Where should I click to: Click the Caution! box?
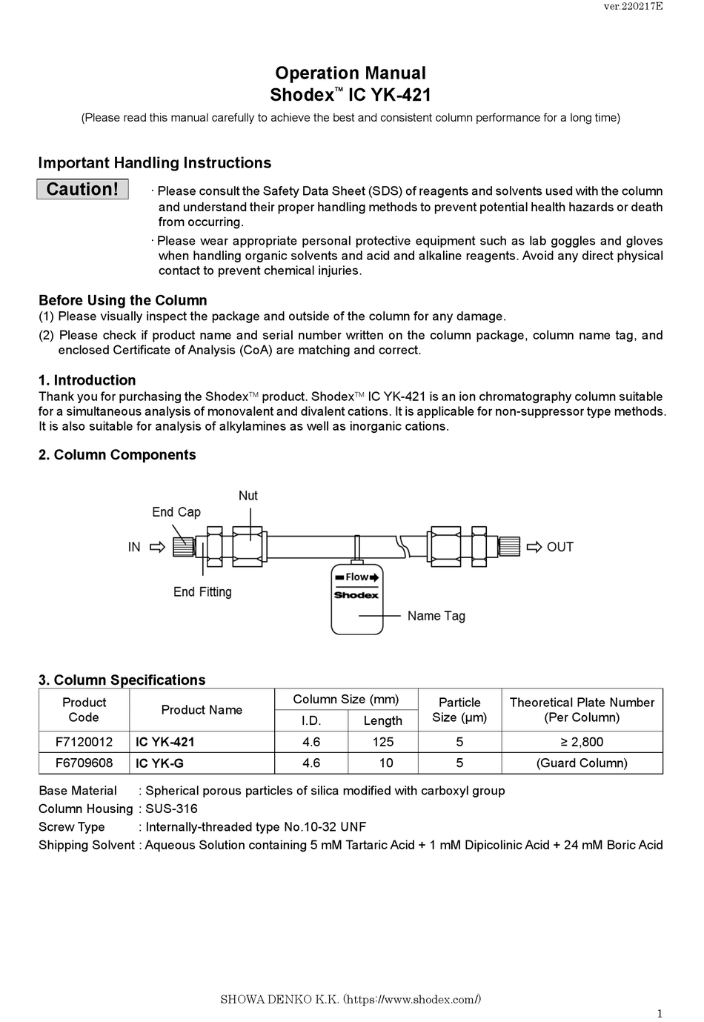pos(82,189)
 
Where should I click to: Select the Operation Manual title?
pos(350,73)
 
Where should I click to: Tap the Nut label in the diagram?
pos(248,496)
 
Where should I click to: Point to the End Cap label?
pos(176,512)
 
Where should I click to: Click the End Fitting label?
pos(202,592)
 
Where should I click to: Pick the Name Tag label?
pos(436,616)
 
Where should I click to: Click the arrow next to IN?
pos(157,548)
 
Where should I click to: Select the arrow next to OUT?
pos(534,548)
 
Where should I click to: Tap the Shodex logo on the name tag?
pos(356,595)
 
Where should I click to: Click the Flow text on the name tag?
pos(356,577)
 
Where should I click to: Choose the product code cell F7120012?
pos(84,742)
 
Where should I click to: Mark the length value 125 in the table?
pos(382,742)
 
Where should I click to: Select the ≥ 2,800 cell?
pos(582,742)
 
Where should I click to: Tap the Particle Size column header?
pos(459,710)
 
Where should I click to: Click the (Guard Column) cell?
pos(582,763)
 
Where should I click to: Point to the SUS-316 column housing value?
pos(171,809)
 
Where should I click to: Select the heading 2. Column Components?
pos(117,455)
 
